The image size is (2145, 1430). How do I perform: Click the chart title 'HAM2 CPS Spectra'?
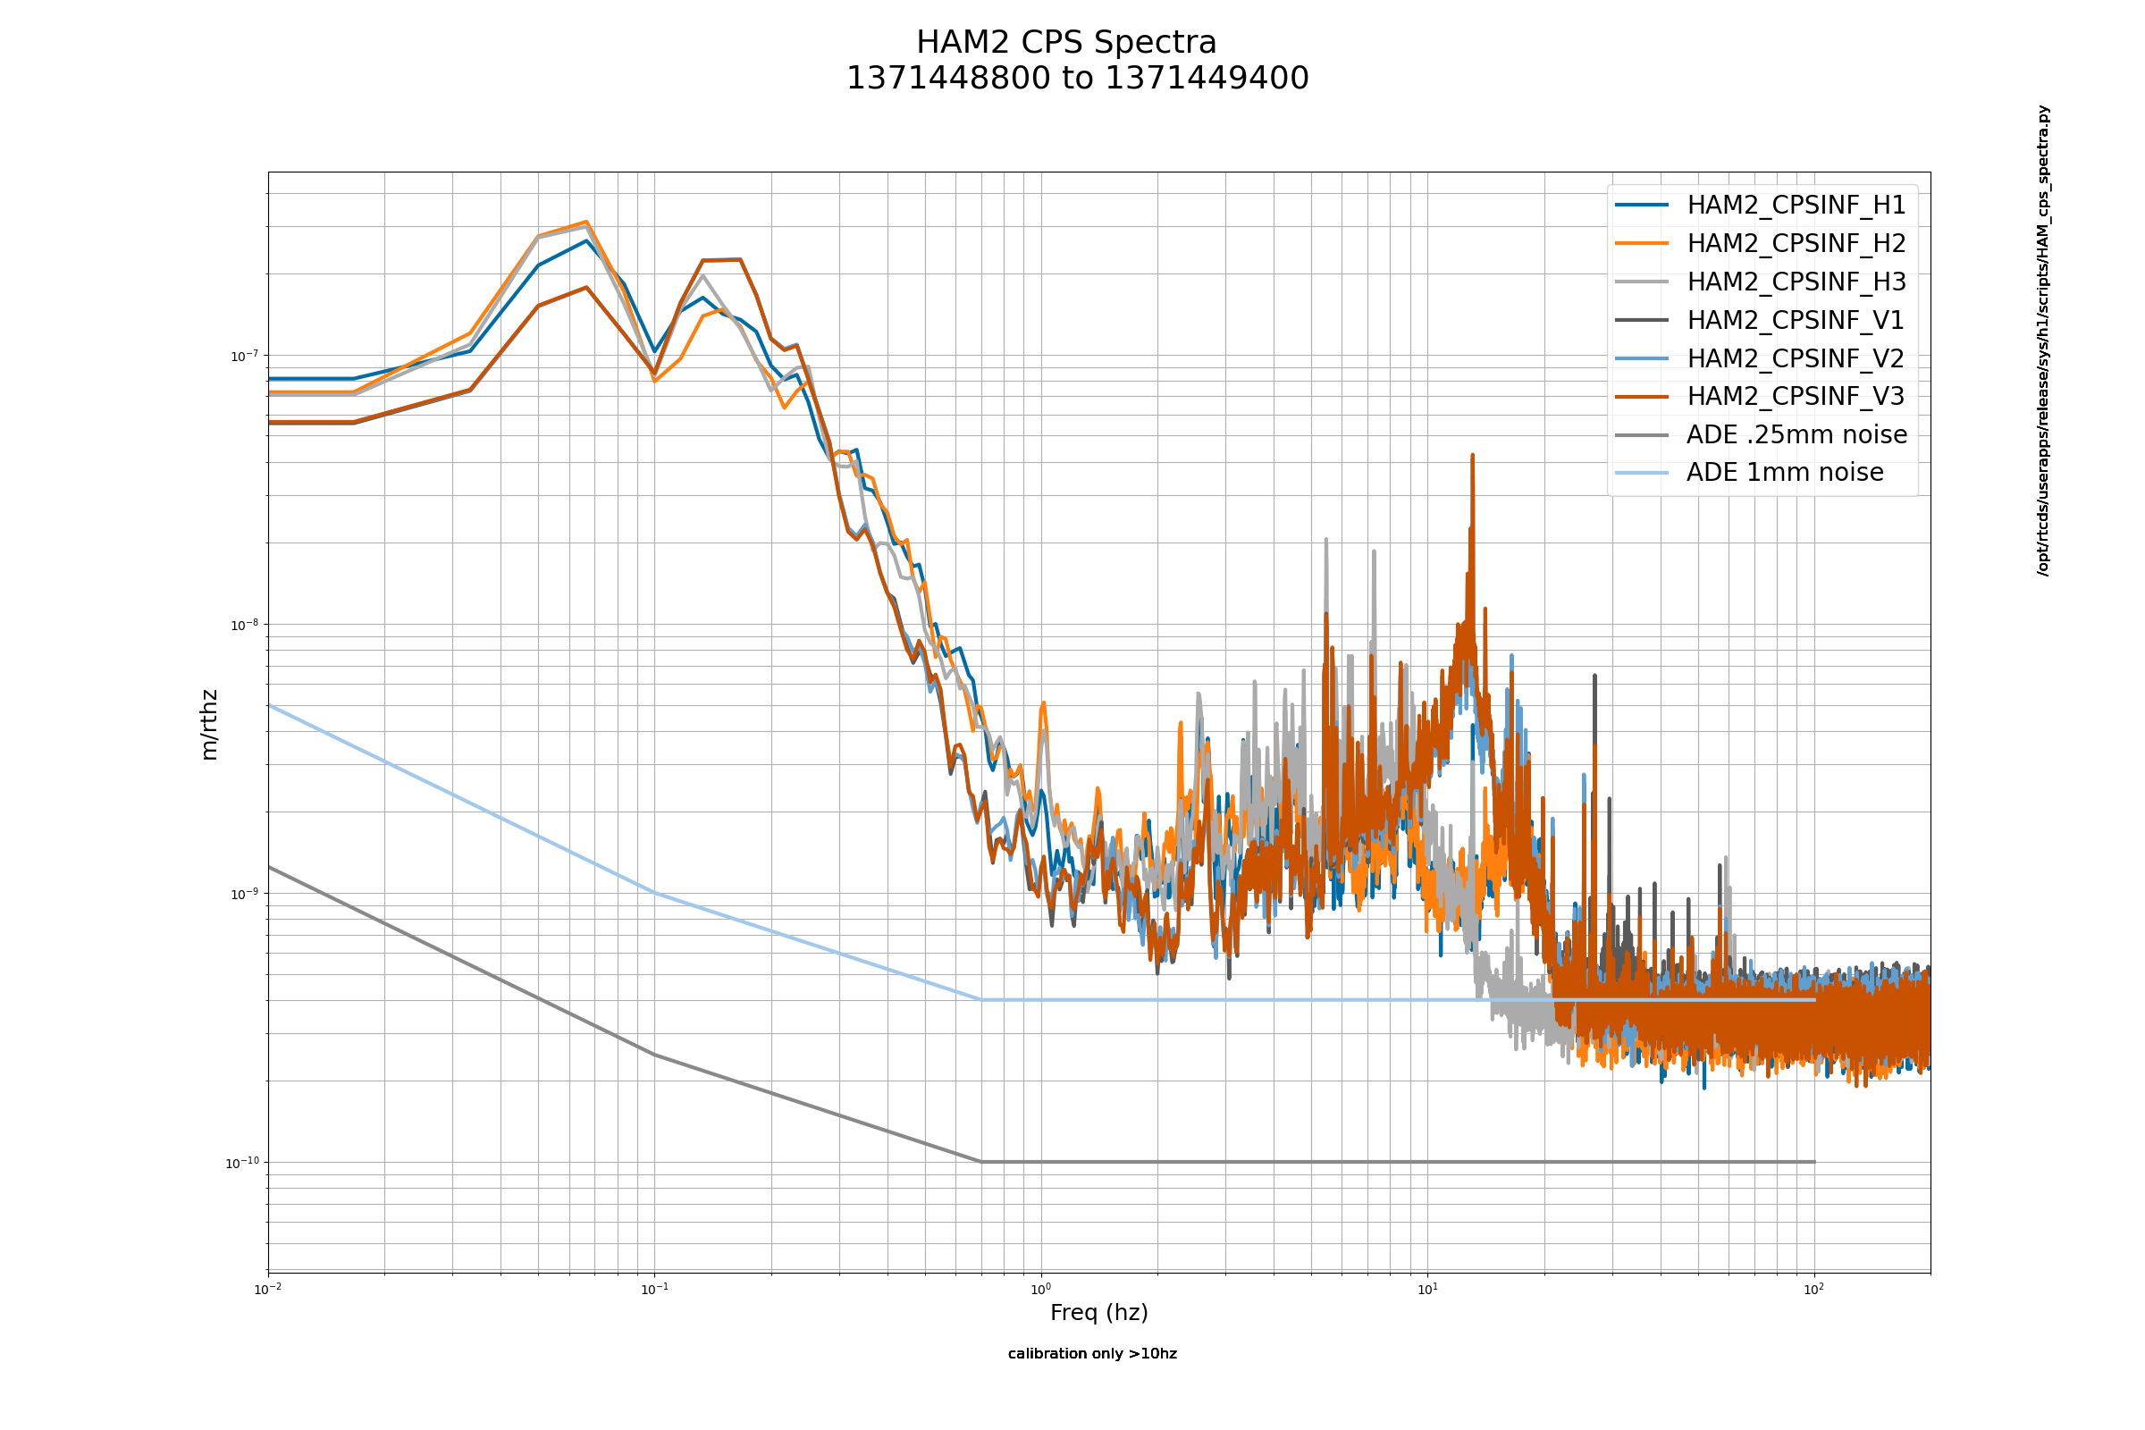(x=1066, y=43)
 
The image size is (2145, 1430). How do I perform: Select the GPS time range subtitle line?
(x=1077, y=79)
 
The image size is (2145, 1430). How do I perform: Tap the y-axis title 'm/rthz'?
(x=209, y=725)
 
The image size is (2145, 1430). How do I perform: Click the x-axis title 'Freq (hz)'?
(x=1099, y=1312)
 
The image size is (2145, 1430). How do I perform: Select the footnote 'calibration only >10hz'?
(x=1091, y=1353)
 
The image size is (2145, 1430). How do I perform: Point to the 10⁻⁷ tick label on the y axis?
(x=243, y=356)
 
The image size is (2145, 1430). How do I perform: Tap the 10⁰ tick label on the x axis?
(x=1040, y=1290)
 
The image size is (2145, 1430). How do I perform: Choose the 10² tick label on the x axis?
(x=1814, y=1290)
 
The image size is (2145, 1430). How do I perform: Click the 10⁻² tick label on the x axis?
(x=267, y=1290)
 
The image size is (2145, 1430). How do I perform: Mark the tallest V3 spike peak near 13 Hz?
(x=1472, y=456)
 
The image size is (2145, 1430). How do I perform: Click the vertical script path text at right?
(x=2043, y=341)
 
